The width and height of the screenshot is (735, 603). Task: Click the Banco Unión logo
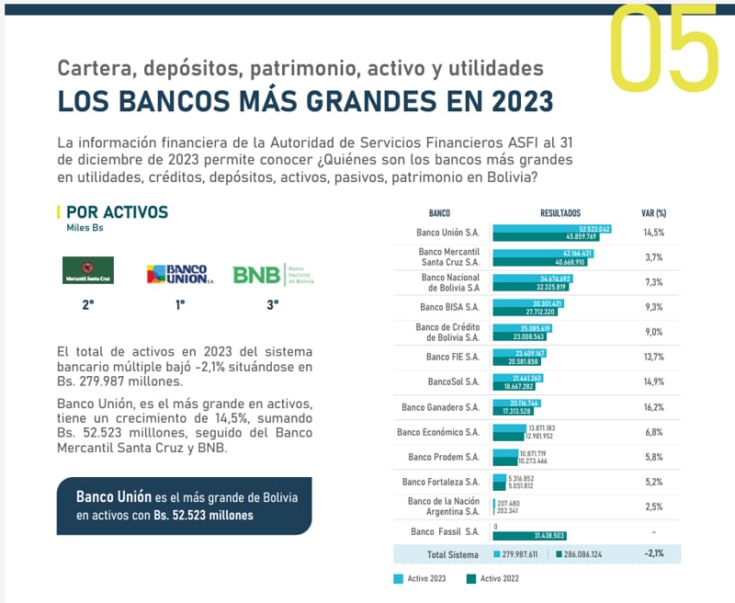[x=177, y=273]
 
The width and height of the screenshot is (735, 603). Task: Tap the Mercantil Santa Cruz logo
[x=87, y=270]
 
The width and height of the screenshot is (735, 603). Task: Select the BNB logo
[x=273, y=274]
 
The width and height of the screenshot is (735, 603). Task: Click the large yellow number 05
[x=664, y=46]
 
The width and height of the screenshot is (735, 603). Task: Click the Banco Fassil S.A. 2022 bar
[x=530, y=536]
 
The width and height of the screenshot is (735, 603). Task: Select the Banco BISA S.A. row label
[x=449, y=307]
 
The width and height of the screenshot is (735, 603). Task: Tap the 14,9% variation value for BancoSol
[x=653, y=381]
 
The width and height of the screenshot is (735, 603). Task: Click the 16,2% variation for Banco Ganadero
[x=653, y=406]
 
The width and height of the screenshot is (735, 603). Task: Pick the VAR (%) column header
[x=653, y=212]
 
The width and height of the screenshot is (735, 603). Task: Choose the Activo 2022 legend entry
[x=495, y=579]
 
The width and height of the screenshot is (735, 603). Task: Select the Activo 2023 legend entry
[x=420, y=579]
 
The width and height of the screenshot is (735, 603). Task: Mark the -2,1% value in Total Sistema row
[x=653, y=553]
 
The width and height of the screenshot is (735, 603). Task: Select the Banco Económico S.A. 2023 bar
[x=510, y=427]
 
